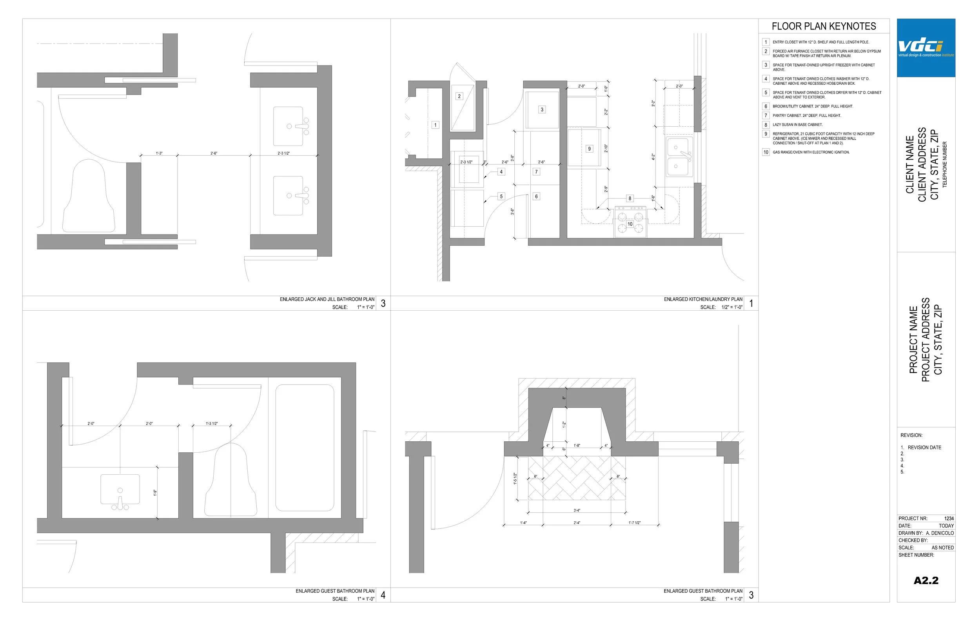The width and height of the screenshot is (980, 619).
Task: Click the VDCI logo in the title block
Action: pyautogui.click(x=926, y=47)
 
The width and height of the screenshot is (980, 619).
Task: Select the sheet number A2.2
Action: pyautogui.click(x=926, y=580)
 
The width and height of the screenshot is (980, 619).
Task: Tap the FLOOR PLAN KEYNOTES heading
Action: pyautogui.click(x=824, y=26)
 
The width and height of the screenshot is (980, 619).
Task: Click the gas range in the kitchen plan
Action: pyautogui.click(x=630, y=222)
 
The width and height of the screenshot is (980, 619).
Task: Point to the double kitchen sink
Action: pyautogui.click(x=679, y=157)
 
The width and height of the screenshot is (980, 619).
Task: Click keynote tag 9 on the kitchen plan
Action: pyautogui.click(x=589, y=149)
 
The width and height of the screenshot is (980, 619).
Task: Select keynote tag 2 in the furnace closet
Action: pyautogui.click(x=459, y=96)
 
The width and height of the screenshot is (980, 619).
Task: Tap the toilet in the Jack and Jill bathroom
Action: pyautogui.click(x=89, y=196)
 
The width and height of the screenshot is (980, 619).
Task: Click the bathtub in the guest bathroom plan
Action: pyautogui.click(x=305, y=448)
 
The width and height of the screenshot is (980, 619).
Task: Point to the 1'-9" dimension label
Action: pyautogui.click(x=155, y=492)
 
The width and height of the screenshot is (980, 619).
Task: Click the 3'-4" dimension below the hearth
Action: pyautogui.click(x=577, y=510)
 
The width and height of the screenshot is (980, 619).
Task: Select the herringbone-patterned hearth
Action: pyautogui.click(x=577, y=478)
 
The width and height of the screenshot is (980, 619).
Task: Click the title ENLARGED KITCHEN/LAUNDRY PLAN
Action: pyautogui.click(x=703, y=299)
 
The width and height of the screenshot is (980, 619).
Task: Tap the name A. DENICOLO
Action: pyautogui.click(x=940, y=533)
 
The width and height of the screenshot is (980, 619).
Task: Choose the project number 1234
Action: pyautogui.click(x=949, y=519)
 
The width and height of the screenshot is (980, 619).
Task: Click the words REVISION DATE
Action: pyautogui.click(x=924, y=448)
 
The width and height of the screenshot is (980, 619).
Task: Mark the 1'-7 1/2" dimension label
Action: pyautogui.click(x=634, y=523)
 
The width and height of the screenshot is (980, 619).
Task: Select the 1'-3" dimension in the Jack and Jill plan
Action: pyautogui.click(x=159, y=153)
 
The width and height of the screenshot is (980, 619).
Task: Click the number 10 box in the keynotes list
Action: pyautogui.click(x=766, y=152)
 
